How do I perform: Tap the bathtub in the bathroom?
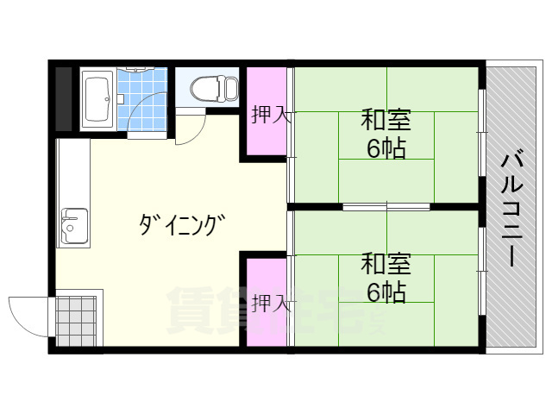(97, 99)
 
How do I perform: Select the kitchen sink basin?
(73, 227)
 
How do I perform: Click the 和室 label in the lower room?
(386, 263)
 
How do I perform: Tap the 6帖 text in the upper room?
(386, 148)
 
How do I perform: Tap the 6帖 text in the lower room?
(386, 292)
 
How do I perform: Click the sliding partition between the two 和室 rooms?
(386, 207)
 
